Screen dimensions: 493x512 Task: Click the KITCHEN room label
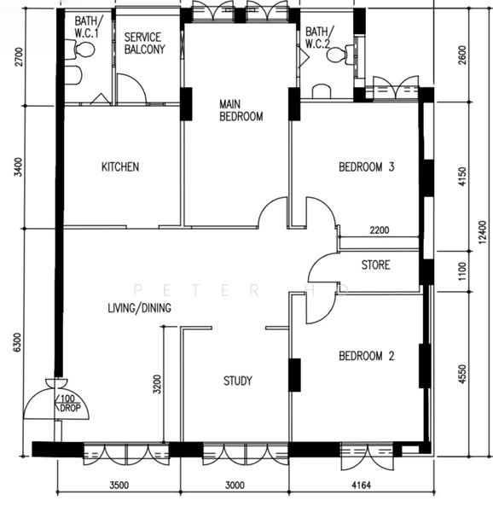pyautogui.click(x=120, y=167)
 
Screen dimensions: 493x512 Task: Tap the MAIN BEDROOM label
pyautogui.click(x=241, y=110)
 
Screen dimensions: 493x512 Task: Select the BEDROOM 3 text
pyautogui.click(x=367, y=167)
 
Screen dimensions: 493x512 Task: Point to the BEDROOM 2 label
pyautogui.click(x=367, y=356)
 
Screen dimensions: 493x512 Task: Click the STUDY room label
pyautogui.click(x=237, y=381)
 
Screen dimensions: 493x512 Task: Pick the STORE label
pyautogui.click(x=375, y=265)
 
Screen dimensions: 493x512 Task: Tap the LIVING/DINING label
pyautogui.click(x=139, y=307)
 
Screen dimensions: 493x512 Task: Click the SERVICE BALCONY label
pyautogui.click(x=144, y=44)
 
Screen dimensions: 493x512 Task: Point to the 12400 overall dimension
pyautogui.click(x=482, y=232)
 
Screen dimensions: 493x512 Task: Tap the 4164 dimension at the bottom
pyautogui.click(x=361, y=486)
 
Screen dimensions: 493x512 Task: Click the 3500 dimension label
pyautogui.click(x=119, y=486)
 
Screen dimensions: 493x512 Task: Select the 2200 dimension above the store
pyautogui.click(x=380, y=230)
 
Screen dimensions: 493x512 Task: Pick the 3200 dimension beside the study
pyautogui.click(x=157, y=384)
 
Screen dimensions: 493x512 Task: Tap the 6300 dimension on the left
pyautogui.click(x=17, y=342)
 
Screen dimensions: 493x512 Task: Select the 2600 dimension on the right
pyautogui.click(x=462, y=55)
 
